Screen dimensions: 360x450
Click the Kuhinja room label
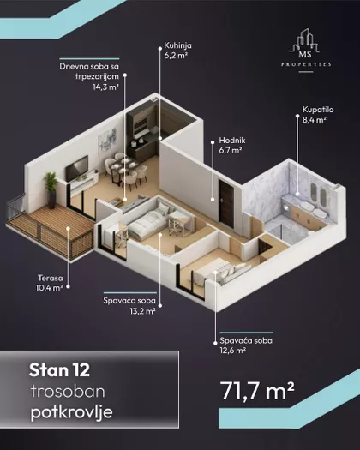(x=177, y=45)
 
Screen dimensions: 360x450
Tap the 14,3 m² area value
(x=105, y=87)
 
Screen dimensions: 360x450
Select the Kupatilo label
(x=318, y=110)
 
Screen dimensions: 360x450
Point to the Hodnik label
(x=232, y=141)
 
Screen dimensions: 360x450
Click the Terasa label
(x=51, y=278)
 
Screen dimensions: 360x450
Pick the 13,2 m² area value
(x=142, y=311)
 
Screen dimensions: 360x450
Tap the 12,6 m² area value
(x=233, y=350)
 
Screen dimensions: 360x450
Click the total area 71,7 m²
(x=257, y=391)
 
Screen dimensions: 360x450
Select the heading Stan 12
(x=59, y=370)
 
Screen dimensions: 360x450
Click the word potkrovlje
(x=71, y=413)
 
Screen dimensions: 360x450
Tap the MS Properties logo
(x=305, y=51)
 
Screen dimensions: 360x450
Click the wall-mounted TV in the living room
(x=76, y=168)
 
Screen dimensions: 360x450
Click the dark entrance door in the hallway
(x=226, y=201)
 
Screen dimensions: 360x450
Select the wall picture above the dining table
(x=107, y=138)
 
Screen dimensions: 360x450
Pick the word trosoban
(x=68, y=392)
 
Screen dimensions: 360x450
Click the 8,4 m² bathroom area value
(x=315, y=120)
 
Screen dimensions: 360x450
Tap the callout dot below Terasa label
(x=68, y=286)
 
